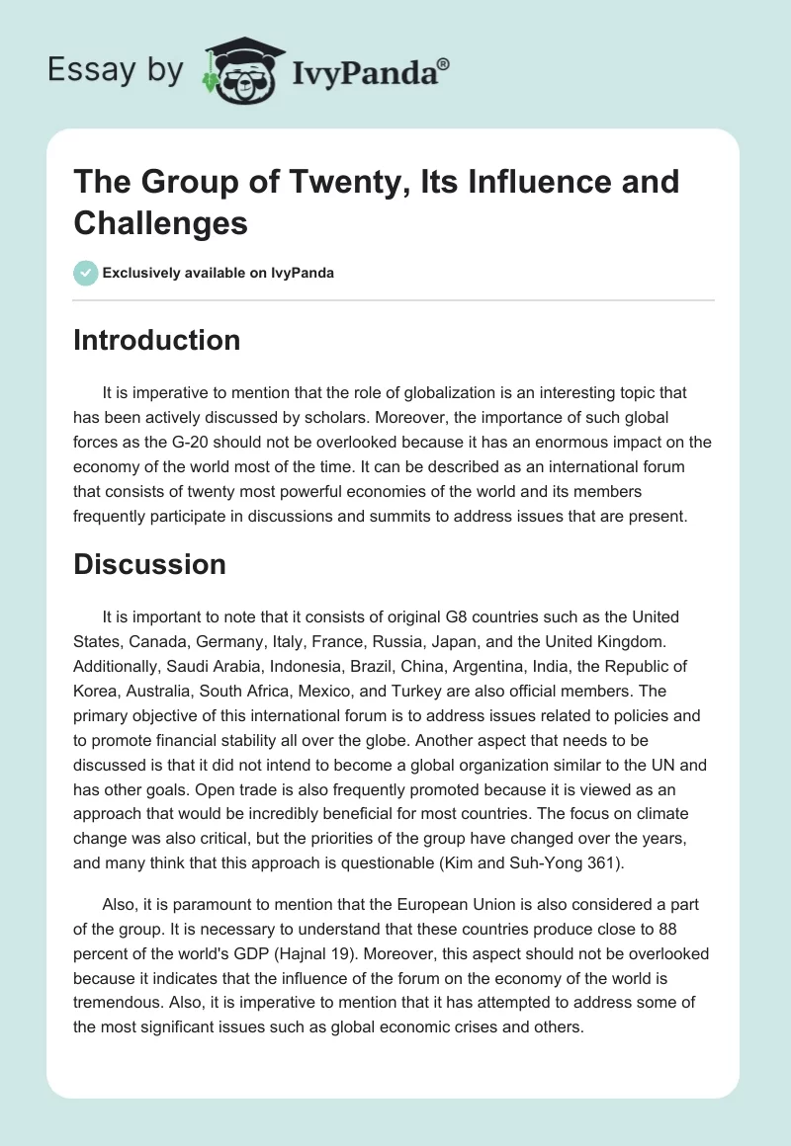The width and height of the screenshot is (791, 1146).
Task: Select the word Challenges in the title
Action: pos(160,223)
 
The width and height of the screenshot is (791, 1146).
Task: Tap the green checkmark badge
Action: pos(86,273)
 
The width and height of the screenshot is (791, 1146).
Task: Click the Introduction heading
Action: pos(157,340)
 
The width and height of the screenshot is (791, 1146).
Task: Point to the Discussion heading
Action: pos(150,564)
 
